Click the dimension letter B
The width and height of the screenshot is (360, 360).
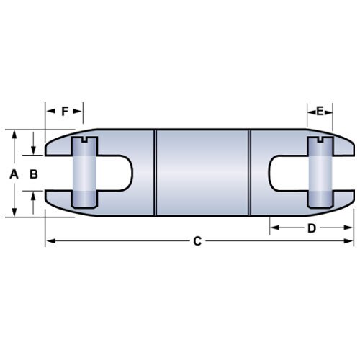point(33,174)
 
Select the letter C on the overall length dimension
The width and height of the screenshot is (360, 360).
point(197,242)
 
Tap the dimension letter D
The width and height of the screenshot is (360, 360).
point(312,229)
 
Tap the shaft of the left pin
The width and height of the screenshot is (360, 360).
point(84,174)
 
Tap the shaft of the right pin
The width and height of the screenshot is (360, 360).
point(320,174)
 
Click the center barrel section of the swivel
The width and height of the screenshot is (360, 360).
point(202,174)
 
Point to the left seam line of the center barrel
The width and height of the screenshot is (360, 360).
point(156,174)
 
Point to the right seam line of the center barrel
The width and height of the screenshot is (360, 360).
point(249,174)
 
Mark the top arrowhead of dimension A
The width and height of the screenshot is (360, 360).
point(15,134)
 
